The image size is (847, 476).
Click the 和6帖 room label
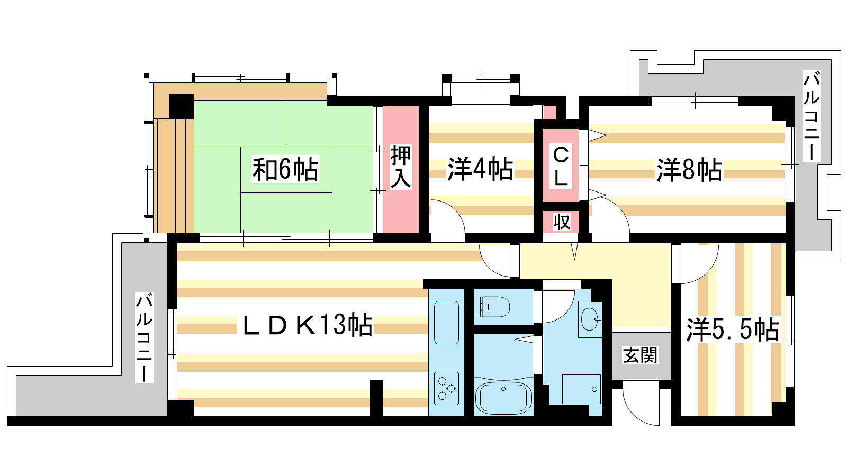point(285,169)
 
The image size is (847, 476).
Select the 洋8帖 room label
point(689,170)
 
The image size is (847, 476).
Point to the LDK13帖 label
point(307,325)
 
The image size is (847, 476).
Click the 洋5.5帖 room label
point(733,329)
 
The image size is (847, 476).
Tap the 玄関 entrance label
point(640,355)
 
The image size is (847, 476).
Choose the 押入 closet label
point(400,167)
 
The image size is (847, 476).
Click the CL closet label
point(561,166)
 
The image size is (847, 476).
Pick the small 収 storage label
point(562,222)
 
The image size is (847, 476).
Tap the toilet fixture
point(492,306)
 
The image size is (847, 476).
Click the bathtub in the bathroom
point(503,398)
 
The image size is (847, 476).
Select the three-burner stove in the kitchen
point(447,388)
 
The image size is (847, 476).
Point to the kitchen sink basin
point(447,322)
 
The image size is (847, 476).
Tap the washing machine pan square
point(581,389)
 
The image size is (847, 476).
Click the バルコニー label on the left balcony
point(145,337)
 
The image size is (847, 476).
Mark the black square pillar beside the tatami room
point(182,106)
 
